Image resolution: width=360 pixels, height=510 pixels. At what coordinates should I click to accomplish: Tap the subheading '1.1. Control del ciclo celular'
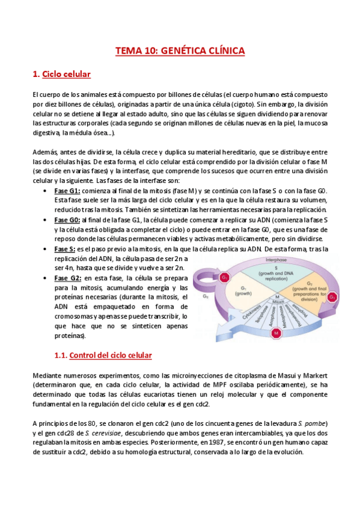click(x=103, y=355)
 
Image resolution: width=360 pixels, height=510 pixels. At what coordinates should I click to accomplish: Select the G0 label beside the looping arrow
click(x=206, y=295)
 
